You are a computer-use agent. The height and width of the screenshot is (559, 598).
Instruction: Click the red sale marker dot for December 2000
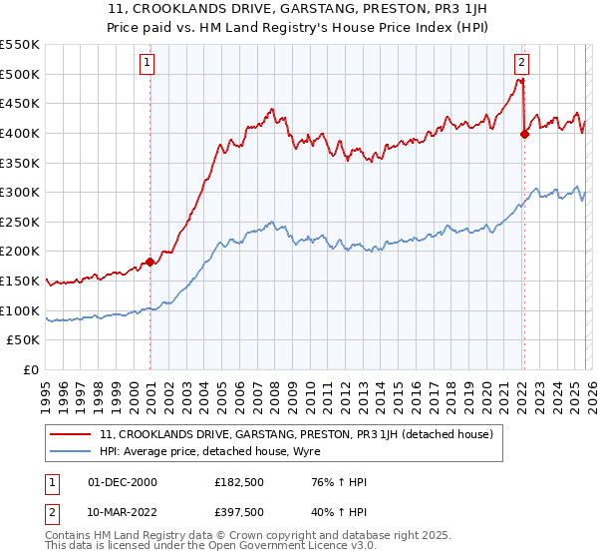tap(150, 263)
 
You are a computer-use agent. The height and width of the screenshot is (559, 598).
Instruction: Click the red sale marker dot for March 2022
tap(524, 135)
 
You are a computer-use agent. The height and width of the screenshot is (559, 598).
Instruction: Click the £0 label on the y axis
tap(31, 370)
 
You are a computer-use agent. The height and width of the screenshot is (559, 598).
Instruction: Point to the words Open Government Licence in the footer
tap(261, 547)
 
